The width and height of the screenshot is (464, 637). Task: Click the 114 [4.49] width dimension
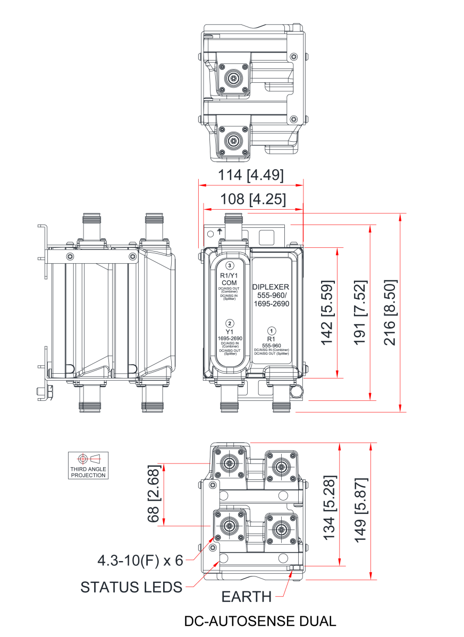click(x=251, y=175)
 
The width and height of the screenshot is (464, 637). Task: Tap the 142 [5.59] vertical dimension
click(x=327, y=312)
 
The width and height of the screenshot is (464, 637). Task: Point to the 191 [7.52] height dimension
click(x=360, y=312)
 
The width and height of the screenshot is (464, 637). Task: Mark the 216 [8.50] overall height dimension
click(x=391, y=313)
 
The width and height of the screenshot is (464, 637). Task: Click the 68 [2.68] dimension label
click(x=154, y=494)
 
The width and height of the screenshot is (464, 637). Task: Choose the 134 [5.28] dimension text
click(x=330, y=504)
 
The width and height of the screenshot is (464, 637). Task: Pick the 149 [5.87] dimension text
click(x=361, y=510)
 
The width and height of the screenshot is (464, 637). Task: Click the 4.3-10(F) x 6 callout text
click(x=140, y=560)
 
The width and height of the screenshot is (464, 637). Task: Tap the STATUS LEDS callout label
click(x=131, y=587)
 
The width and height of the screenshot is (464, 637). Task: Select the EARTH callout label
click(x=247, y=597)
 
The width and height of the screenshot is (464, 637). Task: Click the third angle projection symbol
click(x=88, y=465)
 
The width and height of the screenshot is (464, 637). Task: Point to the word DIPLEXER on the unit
click(x=271, y=287)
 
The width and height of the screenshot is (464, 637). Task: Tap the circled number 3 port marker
click(x=230, y=265)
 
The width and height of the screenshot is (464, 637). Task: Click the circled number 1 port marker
click(x=271, y=329)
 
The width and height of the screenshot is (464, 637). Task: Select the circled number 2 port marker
click(x=230, y=322)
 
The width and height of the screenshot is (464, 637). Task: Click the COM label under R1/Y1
click(x=229, y=283)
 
